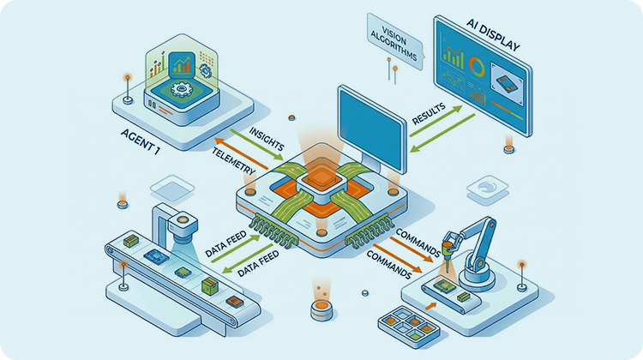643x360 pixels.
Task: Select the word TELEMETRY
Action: pos(233,162)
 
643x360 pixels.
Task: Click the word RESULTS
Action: pos(434,116)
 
